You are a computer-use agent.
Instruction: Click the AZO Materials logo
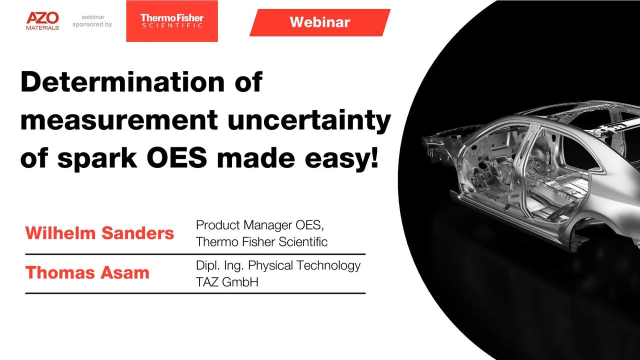42,21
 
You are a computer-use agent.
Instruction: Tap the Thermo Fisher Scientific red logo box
172,21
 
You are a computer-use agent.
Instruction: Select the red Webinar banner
320,22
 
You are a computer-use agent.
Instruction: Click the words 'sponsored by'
92,24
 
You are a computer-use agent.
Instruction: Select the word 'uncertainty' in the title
309,121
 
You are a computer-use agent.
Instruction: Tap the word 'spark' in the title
97,159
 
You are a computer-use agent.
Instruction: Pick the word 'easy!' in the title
341,158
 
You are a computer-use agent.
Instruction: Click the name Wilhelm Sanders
99,233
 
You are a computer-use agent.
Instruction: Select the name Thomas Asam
87,272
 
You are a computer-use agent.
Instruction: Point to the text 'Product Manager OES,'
260,225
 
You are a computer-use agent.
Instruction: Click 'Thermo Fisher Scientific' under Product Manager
261,241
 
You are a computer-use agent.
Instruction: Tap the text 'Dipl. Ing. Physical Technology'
278,265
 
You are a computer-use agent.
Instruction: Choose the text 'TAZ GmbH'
227,282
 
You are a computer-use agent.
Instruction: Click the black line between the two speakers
195,254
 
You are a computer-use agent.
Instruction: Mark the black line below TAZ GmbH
195,293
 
